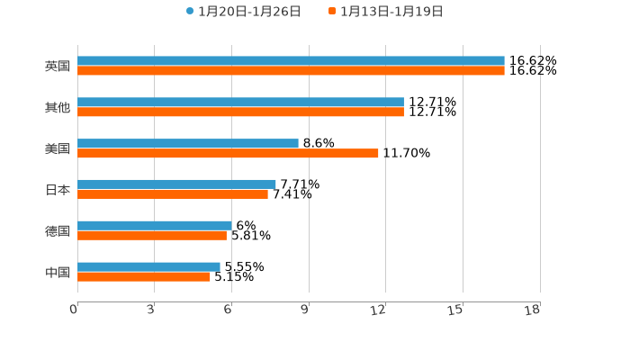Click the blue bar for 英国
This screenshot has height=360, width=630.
(x=291, y=61)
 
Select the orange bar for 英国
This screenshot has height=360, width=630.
(x=291, y=71)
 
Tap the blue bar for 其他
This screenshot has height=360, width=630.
(x=240, y=103)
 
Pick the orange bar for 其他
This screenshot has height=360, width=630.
(x=240, y=112)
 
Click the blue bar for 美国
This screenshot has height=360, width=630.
(x=188, y=143)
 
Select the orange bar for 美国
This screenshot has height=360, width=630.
(x=228, y=153)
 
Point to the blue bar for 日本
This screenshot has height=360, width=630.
(x=176, y=184)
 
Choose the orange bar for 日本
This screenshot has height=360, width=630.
(x=173, y=194)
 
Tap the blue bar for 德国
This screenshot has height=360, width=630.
(x=154, y=225)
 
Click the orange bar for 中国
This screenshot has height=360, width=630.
(x=144, y=276)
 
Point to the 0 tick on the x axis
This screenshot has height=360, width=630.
(x=74, y=310)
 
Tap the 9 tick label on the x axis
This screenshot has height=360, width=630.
(x=305, y=310)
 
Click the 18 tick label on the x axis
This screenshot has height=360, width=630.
(x=532, y=310)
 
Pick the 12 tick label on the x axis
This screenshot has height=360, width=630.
(x=379, y=310)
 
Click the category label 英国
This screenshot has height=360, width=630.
(x=58, y=66)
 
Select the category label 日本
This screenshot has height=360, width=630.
(x=58, y=190)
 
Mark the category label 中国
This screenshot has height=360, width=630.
(x=58, y=272)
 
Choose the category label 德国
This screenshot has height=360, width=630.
(x=58, y=230)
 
